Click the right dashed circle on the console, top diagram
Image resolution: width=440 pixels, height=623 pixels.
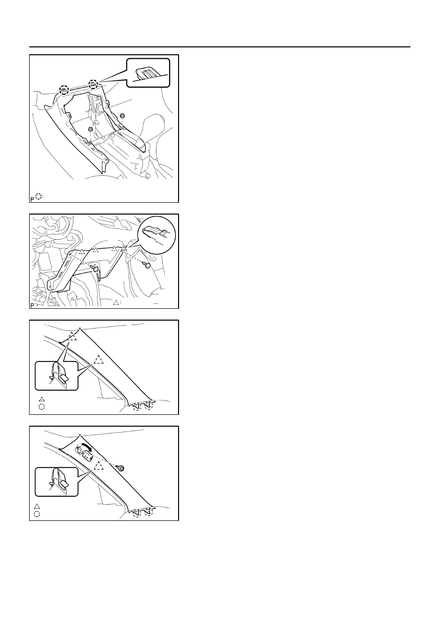pyautogui.click(x=93, y=84)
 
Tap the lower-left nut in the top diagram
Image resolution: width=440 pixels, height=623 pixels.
pyautogui.click(x=90, y=129)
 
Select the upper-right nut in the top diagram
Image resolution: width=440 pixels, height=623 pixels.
pyautogui.click(x=122, y=115)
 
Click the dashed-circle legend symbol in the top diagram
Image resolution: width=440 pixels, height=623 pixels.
pyautogui.click(x=38, y=196)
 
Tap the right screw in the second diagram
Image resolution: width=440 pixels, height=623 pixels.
pyautogui.click(x=147, y=264)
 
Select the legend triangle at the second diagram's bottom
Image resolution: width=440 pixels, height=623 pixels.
pyautogui.click(x=116, y=302)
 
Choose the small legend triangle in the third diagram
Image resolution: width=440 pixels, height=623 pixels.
pyautogui.click(x=41, y=399)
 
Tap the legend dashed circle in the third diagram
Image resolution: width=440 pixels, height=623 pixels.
pyautogui.click(x=41, y=406)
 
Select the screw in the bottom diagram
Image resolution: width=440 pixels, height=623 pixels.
pyautogui.click(x=121, y=469)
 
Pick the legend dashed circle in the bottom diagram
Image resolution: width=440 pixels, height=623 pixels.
pyautogui.click(x=37, y=514)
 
